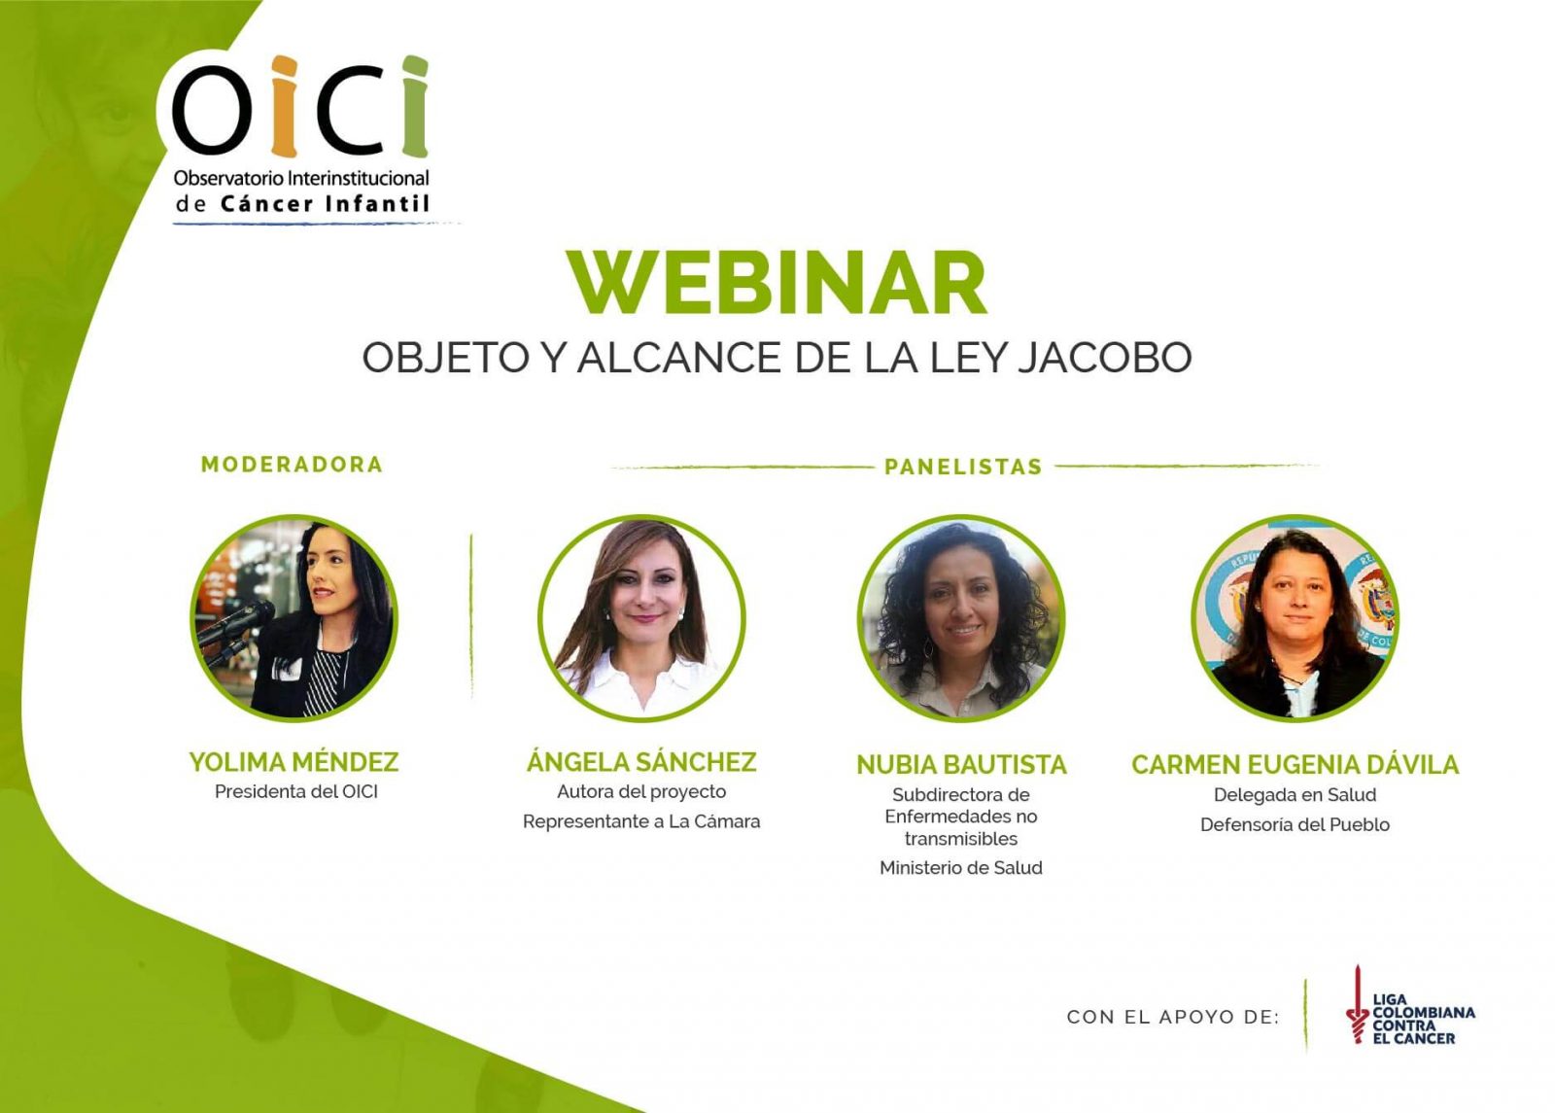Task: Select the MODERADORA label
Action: point(292,465)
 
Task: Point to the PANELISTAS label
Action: point(962,468)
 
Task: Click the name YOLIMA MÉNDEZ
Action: point(294,762)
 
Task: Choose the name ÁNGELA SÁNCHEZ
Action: point(641,762)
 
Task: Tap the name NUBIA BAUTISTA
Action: point(961,765)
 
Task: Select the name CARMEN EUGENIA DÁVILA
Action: point(1295,765)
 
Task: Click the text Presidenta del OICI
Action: point(296,792)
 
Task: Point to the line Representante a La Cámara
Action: point(641,822)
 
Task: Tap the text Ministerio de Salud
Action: point(960,868)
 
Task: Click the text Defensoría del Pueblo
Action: point(1295,825)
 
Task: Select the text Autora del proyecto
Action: point(641,792)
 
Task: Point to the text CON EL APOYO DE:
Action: point(1173,1017)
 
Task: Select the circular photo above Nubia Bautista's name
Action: point(961,618)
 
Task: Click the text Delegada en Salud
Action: point(1295,795)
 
